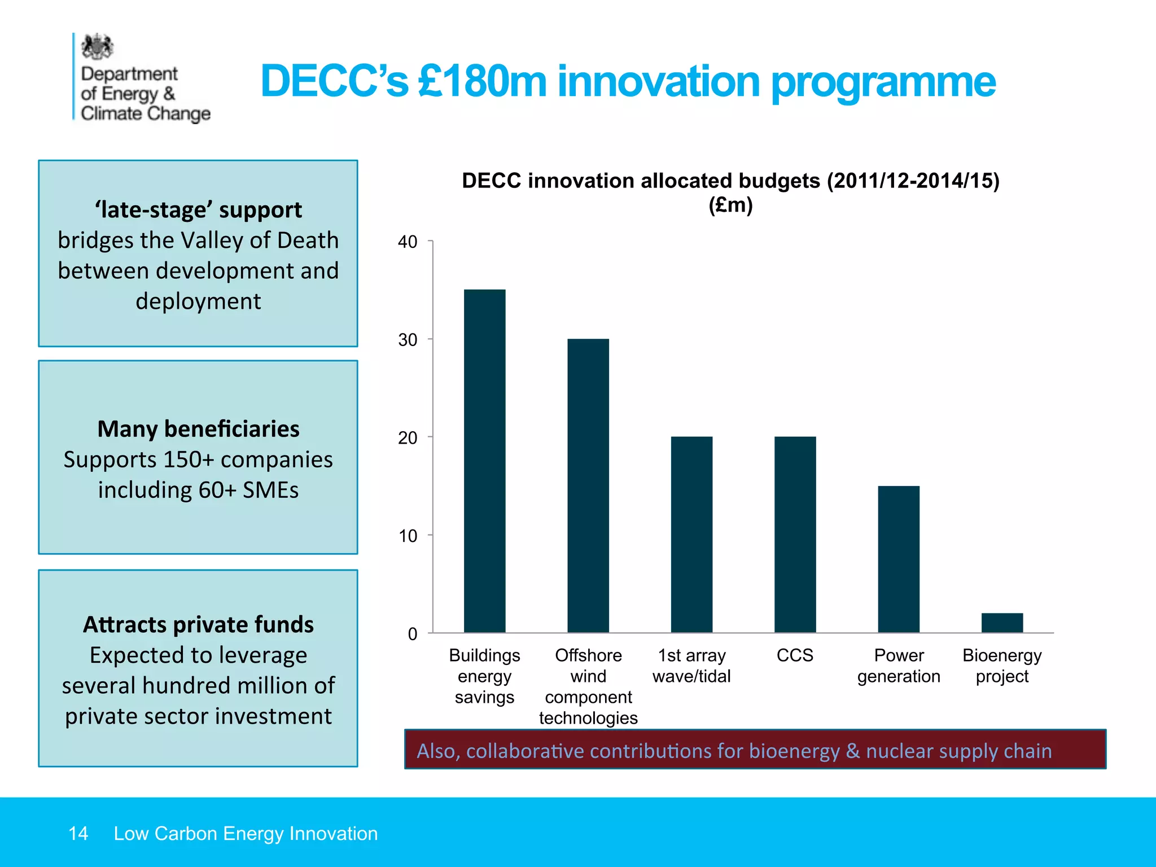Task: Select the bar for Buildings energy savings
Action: (484, 461)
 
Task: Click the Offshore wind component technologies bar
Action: (588, 485)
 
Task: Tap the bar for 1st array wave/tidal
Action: (691, 534)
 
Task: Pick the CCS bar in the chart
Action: (795, 534)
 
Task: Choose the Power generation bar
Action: (899, 559)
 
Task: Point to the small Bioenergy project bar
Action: (1002, 623)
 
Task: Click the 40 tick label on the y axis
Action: (408, 242)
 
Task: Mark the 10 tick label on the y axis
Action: (408, 536)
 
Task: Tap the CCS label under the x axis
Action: (795, 655)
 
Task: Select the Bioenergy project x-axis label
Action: (1002, 665)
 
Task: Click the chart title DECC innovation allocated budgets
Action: (730, 181)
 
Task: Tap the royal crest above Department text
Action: (97, 47)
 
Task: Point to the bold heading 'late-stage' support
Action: (198, 210)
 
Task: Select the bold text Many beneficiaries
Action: (198, 429)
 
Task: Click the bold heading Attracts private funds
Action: (198, 625)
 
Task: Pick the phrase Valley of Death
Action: (259, 240)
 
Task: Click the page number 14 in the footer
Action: (78, 834)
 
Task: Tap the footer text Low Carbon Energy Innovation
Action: (246, 834)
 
